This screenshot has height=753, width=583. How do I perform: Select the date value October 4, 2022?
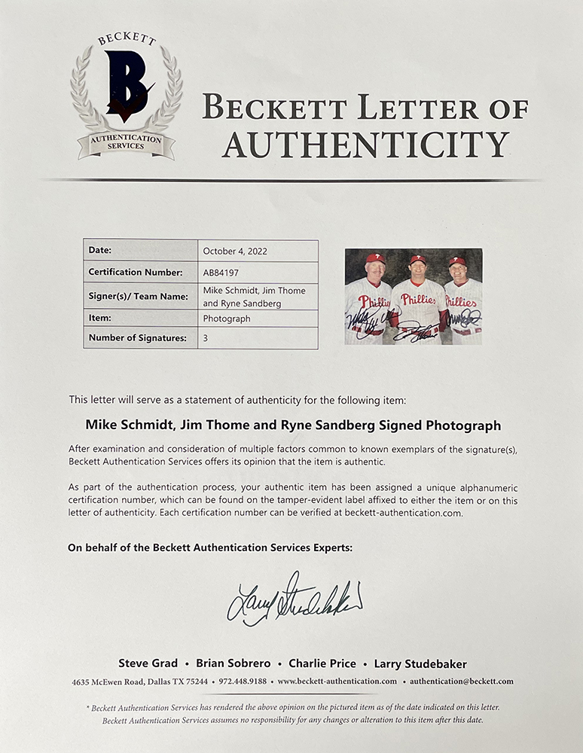pos(235,251)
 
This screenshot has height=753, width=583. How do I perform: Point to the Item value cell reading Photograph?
pos(227,319)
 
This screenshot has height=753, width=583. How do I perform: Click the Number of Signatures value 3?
pos(206,338)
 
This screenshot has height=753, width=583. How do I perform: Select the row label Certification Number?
pos(136,272)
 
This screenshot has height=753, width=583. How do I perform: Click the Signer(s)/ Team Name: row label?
pos(138,296)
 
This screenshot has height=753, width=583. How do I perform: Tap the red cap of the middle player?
pos(418,259)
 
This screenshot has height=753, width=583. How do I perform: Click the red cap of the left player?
pos(375,258)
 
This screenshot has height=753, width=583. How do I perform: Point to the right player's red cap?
pos(457,261)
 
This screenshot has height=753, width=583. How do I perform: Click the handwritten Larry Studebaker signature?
pos(294,598)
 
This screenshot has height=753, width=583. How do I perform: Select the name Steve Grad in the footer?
pos(148,663)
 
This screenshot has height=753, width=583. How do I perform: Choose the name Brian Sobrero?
pos(232,663)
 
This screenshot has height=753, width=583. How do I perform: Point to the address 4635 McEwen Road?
pos(109,681)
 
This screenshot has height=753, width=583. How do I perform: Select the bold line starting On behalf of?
pos(209,548)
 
